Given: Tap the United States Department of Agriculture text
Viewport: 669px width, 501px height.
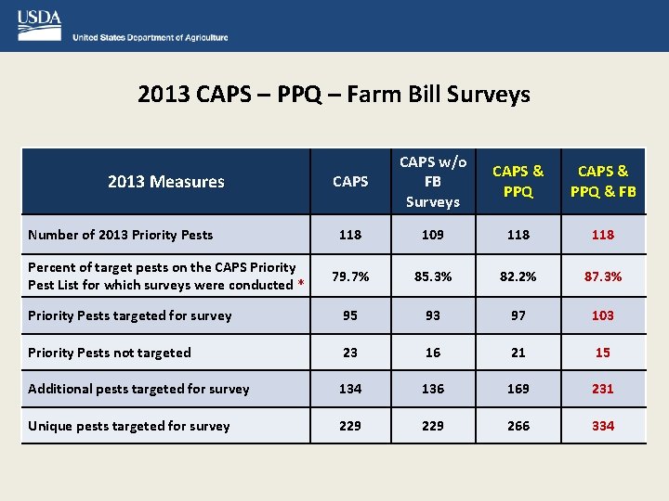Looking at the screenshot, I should click(150, 38).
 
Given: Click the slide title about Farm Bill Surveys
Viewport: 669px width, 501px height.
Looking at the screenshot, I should click(334, 94).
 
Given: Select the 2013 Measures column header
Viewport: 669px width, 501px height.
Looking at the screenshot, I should click(165, 182).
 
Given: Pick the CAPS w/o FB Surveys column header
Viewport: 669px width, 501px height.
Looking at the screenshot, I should click(432, 182).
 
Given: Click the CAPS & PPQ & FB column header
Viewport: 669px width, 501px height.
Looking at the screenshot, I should click(602, 182).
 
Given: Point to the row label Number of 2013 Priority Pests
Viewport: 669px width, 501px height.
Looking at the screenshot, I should click(121, 235).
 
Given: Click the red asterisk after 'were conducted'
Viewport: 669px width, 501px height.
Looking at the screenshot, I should click(300, 286).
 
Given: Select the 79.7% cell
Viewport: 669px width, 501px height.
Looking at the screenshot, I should click(349, 276).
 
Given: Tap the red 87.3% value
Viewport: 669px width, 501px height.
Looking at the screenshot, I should click(602, 276).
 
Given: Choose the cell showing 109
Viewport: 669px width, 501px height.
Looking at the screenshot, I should click(432, 235).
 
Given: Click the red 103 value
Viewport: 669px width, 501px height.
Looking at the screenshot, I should click(602, 315).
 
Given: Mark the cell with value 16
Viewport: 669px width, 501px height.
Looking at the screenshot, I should click(432, 353).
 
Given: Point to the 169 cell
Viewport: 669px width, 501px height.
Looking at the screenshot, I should click(518, 389).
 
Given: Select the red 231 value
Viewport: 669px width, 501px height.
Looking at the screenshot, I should click(602, 389).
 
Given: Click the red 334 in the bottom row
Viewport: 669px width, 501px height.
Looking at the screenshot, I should click(602, 426).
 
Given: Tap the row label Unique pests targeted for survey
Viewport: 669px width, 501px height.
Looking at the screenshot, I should click(129, 426).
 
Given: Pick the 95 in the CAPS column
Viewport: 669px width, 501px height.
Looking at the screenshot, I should click(349, 315).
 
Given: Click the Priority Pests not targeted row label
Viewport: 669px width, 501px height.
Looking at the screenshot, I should click(110, 353).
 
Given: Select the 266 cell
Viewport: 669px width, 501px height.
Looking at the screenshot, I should click(518, 426).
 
